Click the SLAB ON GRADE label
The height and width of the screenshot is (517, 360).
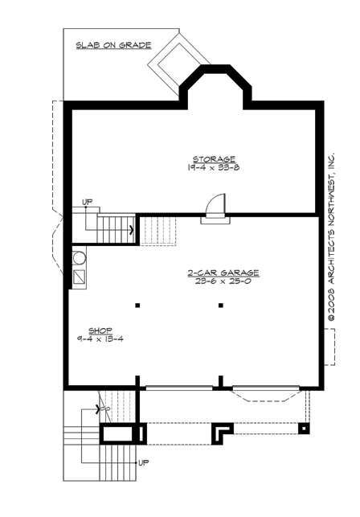pyautogui.click(x=113, y=46)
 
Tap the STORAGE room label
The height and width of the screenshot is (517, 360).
pyautogui.click(x=213, y=158)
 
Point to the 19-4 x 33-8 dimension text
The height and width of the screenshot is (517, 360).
pyautogui.click(x=213, y=169)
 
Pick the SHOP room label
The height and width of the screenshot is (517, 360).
pyautogui.click(x=99, y=330)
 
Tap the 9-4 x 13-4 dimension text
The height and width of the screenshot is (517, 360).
pyautogui.click(x=100, y=339)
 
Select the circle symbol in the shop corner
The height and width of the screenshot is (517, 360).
pyautogui.click(x=79, y=258)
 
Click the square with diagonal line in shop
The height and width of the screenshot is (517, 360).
pyautogui.click(x=80, y=278)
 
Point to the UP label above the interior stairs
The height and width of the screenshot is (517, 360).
pyautogui.click(x=87, y=202)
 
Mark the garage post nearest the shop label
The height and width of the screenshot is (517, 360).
pyautogui.click(x=137, y=306)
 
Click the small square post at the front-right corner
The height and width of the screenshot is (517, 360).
pyautogui.click(x=303, y=429)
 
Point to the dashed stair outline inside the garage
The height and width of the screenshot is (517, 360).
pyautogui.click(x=158, y=230)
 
